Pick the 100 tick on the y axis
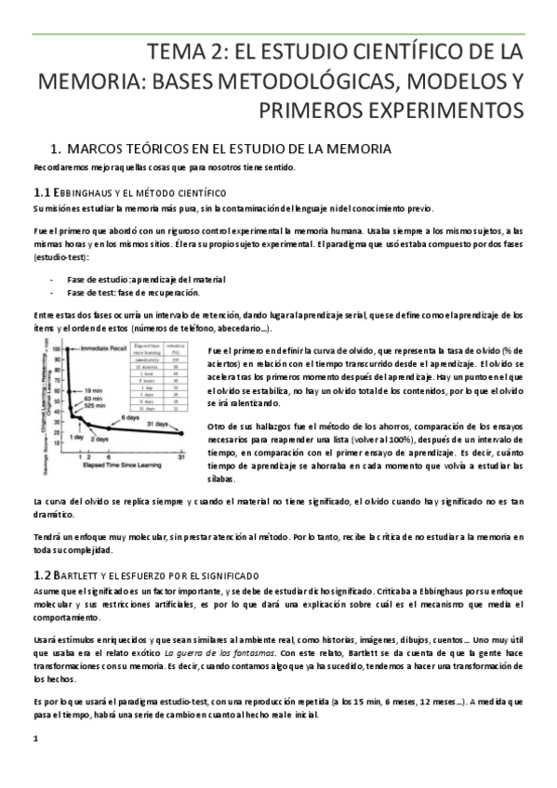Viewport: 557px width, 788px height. [56, 349]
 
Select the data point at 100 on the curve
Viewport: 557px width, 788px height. [65, 349]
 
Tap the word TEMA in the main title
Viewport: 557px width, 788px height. [178, 49]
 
